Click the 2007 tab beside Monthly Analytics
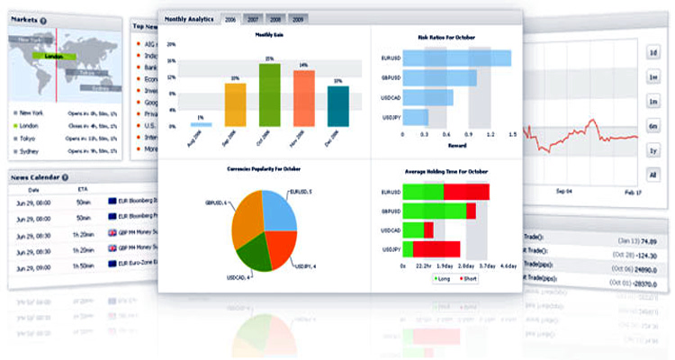click(254, 19)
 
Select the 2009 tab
click(298, 19)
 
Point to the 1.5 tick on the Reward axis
click(512, 133)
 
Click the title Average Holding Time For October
click(446, 170)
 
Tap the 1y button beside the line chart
click(652, 150)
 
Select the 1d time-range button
click(652, 53)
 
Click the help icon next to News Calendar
click(66, 177)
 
